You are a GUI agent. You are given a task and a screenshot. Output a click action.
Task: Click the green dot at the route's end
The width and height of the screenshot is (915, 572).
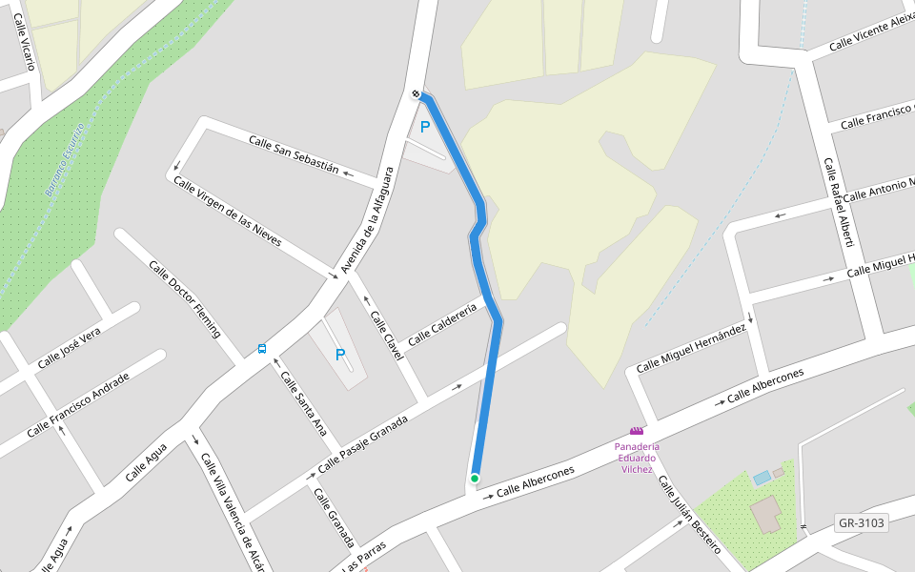click(474, 478)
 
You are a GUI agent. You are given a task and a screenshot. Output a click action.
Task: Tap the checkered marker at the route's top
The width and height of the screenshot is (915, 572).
click(417, 93)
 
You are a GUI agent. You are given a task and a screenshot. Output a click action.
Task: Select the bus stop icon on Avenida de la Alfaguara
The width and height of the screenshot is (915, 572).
click(261, 349)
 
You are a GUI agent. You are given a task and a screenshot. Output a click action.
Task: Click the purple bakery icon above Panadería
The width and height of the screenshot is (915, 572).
click(636, 431)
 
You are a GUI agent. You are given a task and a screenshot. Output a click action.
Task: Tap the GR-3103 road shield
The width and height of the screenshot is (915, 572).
click(861, 522)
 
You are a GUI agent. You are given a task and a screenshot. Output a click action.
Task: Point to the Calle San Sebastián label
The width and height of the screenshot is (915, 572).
click(294, 154)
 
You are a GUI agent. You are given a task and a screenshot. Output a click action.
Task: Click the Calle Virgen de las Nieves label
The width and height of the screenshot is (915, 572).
click(227, 212)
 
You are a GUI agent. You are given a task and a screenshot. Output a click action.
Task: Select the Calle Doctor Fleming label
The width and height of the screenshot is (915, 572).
click(185, 298)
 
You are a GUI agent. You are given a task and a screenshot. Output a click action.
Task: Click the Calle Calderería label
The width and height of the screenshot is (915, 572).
click(441, 324)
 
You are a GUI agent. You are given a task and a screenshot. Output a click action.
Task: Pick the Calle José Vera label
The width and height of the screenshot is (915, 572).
click(69, 349)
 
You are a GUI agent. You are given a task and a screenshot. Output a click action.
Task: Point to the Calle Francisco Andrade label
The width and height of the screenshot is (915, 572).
click(78, 404)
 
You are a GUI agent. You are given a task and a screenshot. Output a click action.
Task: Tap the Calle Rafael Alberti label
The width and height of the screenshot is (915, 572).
click(838, 202)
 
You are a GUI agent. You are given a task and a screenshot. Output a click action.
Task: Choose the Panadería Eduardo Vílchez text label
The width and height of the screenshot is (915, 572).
click(636, 457)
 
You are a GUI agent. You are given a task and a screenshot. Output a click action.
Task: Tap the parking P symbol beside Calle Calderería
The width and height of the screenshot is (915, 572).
click(339, 355)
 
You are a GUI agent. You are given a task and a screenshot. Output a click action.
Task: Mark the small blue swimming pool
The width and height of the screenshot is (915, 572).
click(762, 477)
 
